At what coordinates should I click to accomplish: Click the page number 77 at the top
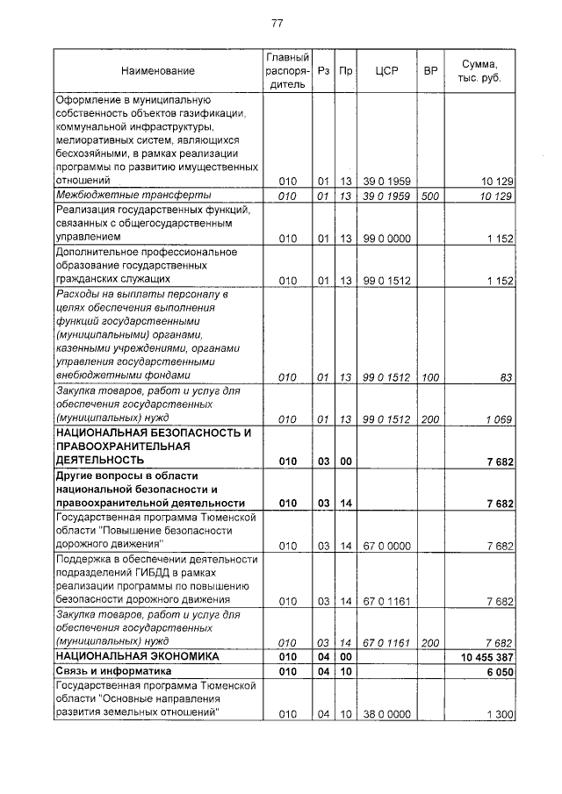point(277,23)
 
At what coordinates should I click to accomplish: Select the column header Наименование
point(158,70)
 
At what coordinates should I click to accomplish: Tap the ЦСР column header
point(386,70)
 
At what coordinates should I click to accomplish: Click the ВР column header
point(430,70)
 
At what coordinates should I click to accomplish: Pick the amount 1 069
point(499,419)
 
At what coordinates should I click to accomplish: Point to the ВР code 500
point(429,196)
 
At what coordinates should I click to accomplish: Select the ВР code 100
point(429,376)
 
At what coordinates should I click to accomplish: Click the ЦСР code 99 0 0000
point(386,238)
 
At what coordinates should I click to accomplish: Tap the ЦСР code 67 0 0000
point(386,545)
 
